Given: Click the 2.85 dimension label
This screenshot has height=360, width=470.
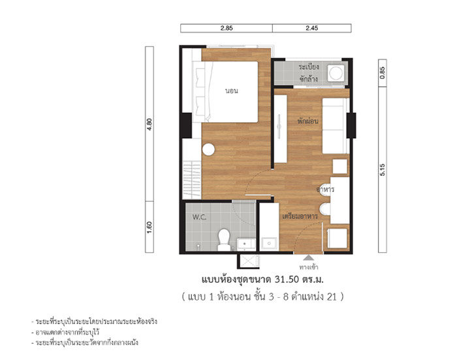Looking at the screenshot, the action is [227, 28].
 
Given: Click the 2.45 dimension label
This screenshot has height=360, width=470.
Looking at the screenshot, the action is [312, 28].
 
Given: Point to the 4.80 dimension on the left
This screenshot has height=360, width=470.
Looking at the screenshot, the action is [149, 124].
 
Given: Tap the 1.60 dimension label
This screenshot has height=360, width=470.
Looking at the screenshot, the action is [149, 227].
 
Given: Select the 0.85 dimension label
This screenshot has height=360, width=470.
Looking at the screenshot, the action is [383, 73].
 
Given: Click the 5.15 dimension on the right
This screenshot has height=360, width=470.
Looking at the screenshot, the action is [383, 170].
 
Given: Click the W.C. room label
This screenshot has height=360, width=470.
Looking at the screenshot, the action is [199, 217].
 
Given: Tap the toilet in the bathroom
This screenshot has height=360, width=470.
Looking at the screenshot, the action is [224, 240].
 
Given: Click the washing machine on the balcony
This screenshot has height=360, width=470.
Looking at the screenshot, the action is [336, 73].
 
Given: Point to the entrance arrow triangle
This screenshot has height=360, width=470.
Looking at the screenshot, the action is [308, 257].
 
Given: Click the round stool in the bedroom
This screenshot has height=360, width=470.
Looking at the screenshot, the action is [208, 150].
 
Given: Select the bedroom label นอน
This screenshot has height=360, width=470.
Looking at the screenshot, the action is [232, 91].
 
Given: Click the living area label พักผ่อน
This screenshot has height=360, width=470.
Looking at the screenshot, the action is [308, 122].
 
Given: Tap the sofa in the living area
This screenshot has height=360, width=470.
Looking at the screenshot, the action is [335, 125].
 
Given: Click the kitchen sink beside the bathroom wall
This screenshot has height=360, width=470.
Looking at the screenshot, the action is [269, 243].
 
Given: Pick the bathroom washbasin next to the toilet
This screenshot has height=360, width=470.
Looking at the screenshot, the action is [246, 244].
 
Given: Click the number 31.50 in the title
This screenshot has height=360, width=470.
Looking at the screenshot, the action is [287, 280].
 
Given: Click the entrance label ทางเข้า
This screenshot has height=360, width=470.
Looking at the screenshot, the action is [308, 267].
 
